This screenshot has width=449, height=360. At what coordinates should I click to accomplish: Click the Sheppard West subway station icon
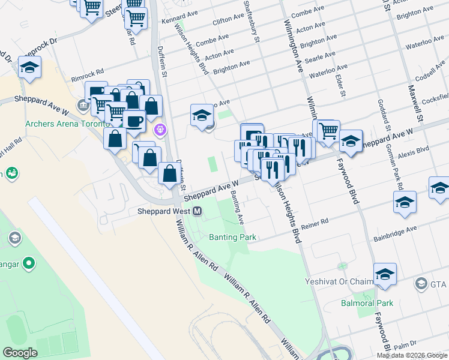point(197,211)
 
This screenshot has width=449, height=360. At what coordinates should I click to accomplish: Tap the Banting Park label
point(232,237)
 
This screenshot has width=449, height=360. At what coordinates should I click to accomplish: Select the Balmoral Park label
point(368,303)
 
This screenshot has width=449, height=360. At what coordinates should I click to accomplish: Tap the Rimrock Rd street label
point(88,79)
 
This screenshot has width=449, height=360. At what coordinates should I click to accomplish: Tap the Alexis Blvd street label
point(414,150)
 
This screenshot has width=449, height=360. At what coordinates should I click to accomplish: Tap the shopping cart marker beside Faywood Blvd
point(328,131)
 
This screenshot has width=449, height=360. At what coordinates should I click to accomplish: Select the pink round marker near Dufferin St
point(160,129)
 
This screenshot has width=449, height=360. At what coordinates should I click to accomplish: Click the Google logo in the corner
point(20,353)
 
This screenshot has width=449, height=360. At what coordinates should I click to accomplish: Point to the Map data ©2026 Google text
point(411,355)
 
